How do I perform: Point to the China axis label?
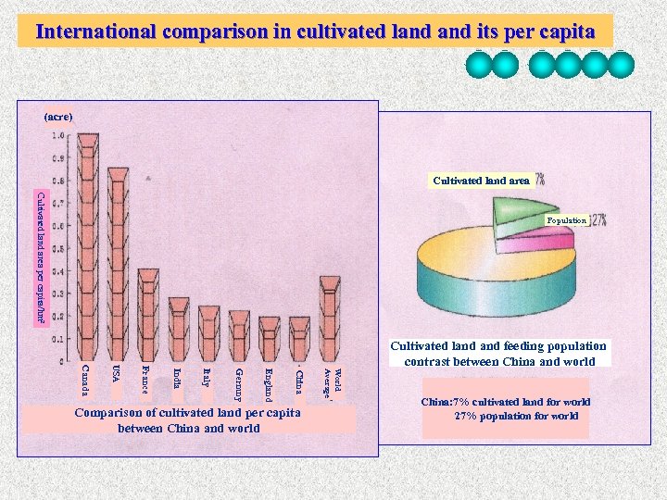298,380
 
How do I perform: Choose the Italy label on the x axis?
207,378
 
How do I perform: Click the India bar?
179,329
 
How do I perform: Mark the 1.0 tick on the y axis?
58,135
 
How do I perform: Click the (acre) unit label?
58,117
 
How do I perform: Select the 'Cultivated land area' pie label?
481,181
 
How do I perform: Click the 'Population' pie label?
566,220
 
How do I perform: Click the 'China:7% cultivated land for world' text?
505,402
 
